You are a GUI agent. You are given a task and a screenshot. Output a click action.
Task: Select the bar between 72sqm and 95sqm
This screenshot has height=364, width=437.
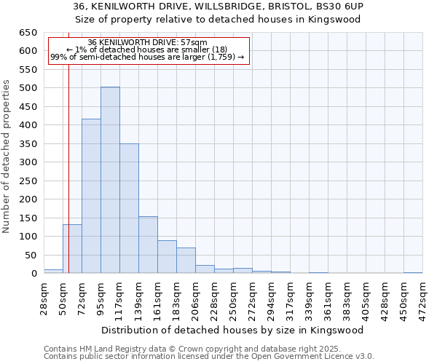[91, 196]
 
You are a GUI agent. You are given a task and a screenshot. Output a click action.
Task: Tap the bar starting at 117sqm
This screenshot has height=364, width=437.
[129, 208]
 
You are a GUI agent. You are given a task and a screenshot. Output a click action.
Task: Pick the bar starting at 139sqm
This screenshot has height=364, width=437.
[148, 245]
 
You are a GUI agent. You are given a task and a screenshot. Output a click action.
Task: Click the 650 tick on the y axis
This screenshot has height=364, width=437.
[28, 33]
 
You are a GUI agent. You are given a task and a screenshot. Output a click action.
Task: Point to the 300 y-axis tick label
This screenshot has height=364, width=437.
[28, 162]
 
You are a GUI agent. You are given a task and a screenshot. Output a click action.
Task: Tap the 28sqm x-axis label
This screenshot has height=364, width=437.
[44, 296]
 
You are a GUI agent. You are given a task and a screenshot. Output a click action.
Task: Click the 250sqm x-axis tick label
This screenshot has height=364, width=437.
[234, 296]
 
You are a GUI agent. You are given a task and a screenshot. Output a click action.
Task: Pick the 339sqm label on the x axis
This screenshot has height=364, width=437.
[310, 296]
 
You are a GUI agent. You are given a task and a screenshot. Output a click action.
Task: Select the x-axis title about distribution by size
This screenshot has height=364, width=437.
[233, 330]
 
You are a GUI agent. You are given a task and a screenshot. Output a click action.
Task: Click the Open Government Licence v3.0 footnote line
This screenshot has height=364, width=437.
[209, 357]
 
